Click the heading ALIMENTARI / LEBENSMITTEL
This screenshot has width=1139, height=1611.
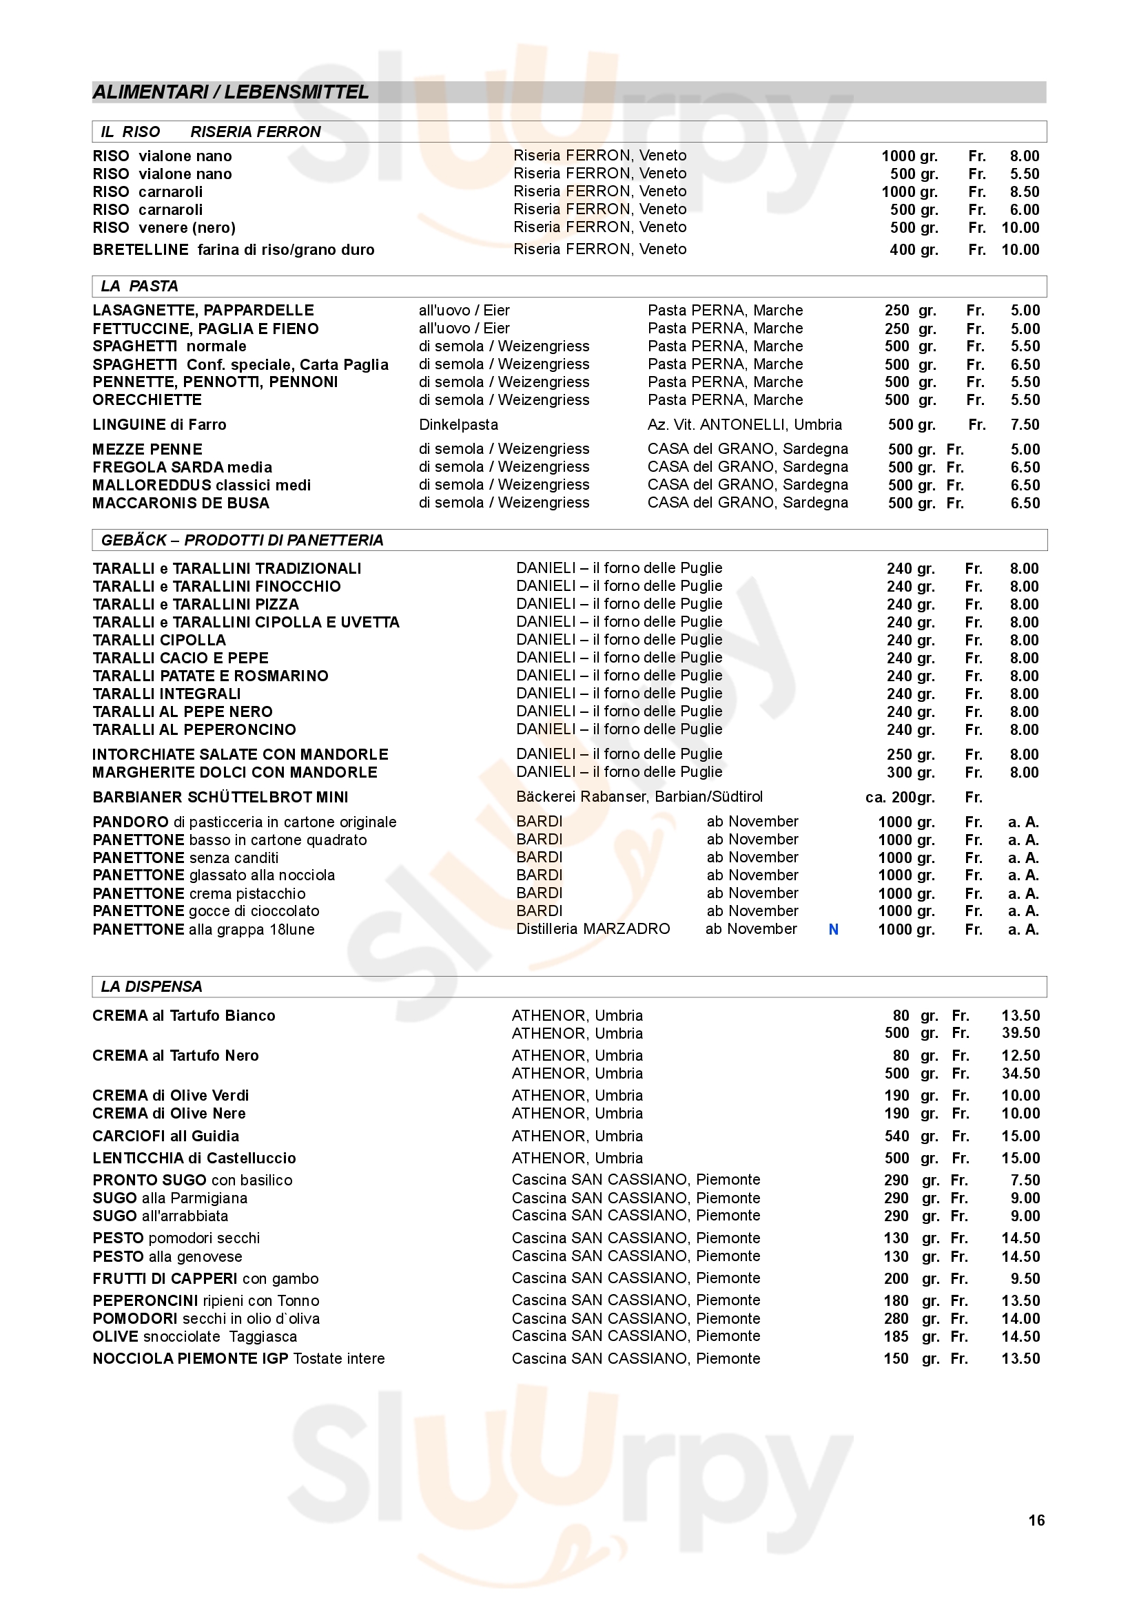(x=231, y=92)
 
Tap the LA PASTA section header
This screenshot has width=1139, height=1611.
(x=139, y=286)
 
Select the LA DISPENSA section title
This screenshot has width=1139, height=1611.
(x=151, y=986)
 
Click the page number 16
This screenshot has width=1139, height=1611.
(x=1036, y=1520)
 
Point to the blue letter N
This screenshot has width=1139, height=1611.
(x=833, y=929)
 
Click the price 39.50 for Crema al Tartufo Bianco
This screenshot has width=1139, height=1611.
(x=1020, y=1033)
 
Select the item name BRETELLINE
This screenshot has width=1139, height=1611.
(x=141, y=250)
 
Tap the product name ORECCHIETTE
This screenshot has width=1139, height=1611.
(x=147, y=400)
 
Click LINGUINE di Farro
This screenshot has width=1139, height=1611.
(x=159, y=424)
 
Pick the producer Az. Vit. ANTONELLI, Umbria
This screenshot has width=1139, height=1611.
(x=745, y=424)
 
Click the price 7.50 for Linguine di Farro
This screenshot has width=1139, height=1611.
(x=1025, y=424)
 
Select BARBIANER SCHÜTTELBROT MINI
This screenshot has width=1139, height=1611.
(x=220, y=797)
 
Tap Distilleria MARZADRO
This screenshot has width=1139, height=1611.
(x=593, y=929)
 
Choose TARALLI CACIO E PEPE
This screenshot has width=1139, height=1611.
(x=181, y=658)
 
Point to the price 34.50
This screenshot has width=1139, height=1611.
(x=1020, y=1073)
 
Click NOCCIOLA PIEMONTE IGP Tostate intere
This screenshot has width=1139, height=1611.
(x=238, y=1358)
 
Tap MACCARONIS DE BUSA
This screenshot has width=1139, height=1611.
(x=181, y=503)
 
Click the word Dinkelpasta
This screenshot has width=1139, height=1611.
(x=458, y=424)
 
